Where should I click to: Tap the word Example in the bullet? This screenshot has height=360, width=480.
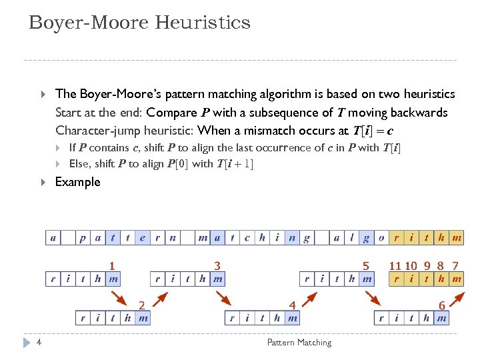click(x=77, y=182)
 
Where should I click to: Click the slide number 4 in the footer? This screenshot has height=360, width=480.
click(x=40, y=343)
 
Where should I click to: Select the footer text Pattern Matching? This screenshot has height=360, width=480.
click(x=299, y=343)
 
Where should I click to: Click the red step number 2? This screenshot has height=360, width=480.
click(x=142, y=305)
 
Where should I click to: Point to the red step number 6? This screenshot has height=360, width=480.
click(x=442, y=305)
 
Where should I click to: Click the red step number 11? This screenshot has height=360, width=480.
click(x=395, y=265)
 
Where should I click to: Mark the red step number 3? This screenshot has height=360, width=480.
click(x=217, y=265)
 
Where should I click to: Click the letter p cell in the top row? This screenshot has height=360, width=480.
click(x=83, y=237)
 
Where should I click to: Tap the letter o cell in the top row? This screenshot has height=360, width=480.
click(x=381, y=237)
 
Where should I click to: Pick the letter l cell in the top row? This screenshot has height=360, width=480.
click(x=351, y=237)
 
